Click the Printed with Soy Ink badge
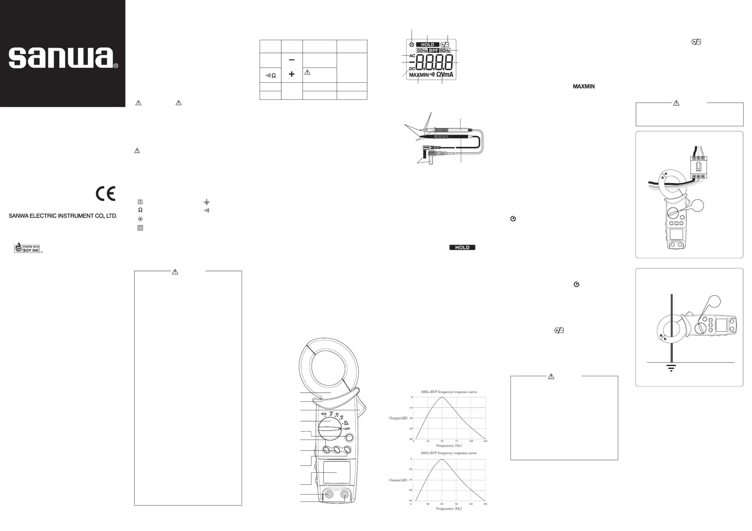(x=28, y=248)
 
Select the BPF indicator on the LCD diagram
(x=434, y=51)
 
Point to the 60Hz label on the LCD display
(x=445, y=51)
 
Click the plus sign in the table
(x=292, y=74)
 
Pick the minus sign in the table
(x=292, y=60)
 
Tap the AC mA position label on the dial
(x=346, y=423)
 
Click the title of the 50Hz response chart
(x=449, y=392)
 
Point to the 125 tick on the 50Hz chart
(x=485, y=441)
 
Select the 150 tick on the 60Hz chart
(x=485, y=504)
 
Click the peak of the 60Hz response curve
(x=442, y=459)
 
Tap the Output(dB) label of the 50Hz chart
(x=398, y=418)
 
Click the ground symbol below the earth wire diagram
(x=671, y=368)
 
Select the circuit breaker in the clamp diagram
(x=698, y=167)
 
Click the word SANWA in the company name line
(x=19, y=216)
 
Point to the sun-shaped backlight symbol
(x=140, y=219)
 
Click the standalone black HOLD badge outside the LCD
(x=462, y=247)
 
